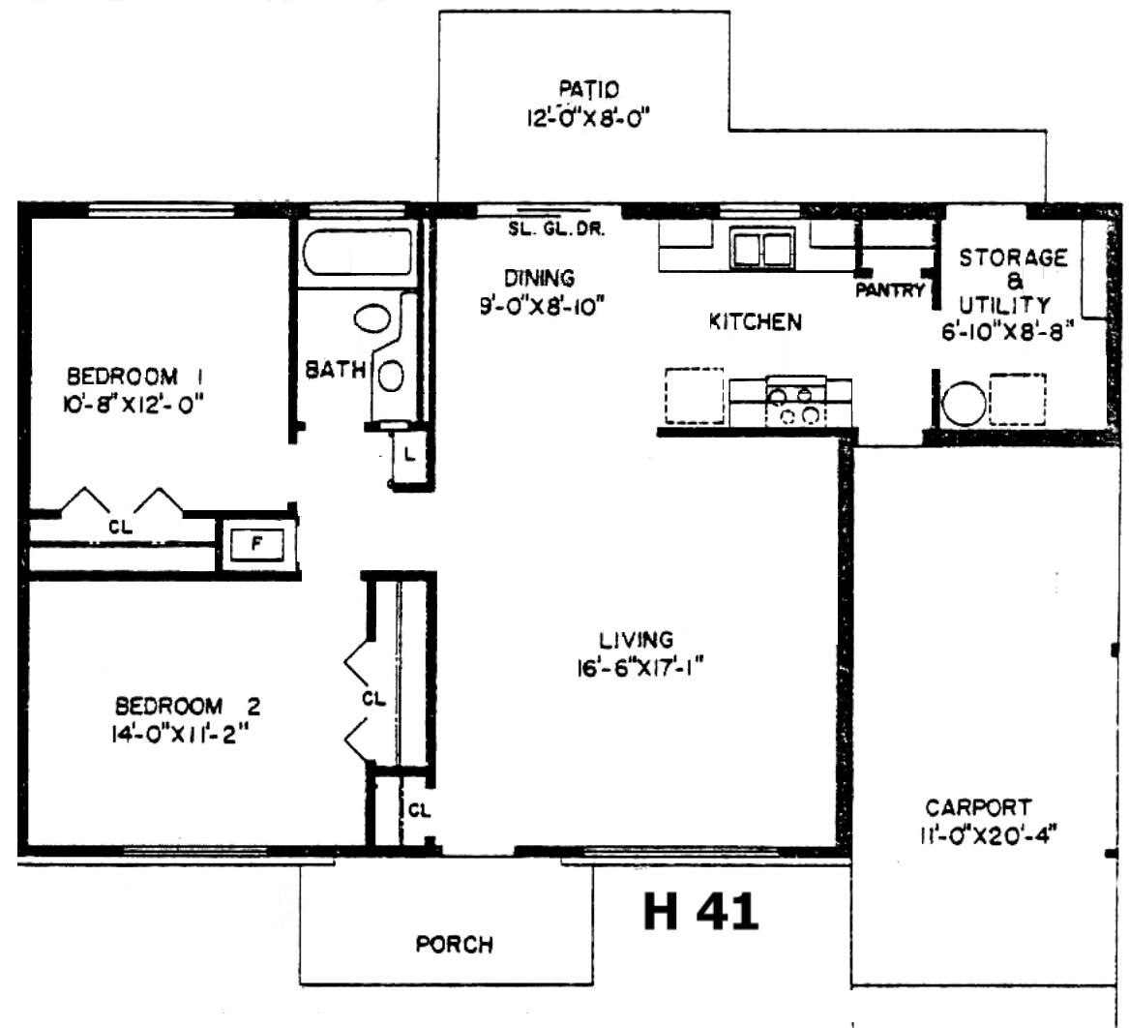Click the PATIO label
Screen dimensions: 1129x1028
point(589,89)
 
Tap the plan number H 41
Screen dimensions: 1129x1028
point(700,911)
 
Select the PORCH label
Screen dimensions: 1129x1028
point(455,944)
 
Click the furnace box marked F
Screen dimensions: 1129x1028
point(256,544)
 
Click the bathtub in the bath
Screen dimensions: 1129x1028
point(357,252)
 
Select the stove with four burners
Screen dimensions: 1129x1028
point(795,402)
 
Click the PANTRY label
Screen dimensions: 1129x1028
point(890,291)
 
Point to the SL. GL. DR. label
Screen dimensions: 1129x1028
point(556,230)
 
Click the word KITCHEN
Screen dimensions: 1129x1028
point(756,322)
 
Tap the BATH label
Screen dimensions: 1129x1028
point(336,371)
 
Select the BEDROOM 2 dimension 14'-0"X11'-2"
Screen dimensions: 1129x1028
point(179,734)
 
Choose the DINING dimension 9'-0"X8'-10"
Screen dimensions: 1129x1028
point(541,307)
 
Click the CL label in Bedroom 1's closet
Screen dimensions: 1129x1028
point(120,528)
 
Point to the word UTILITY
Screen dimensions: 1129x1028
point(1004,306)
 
